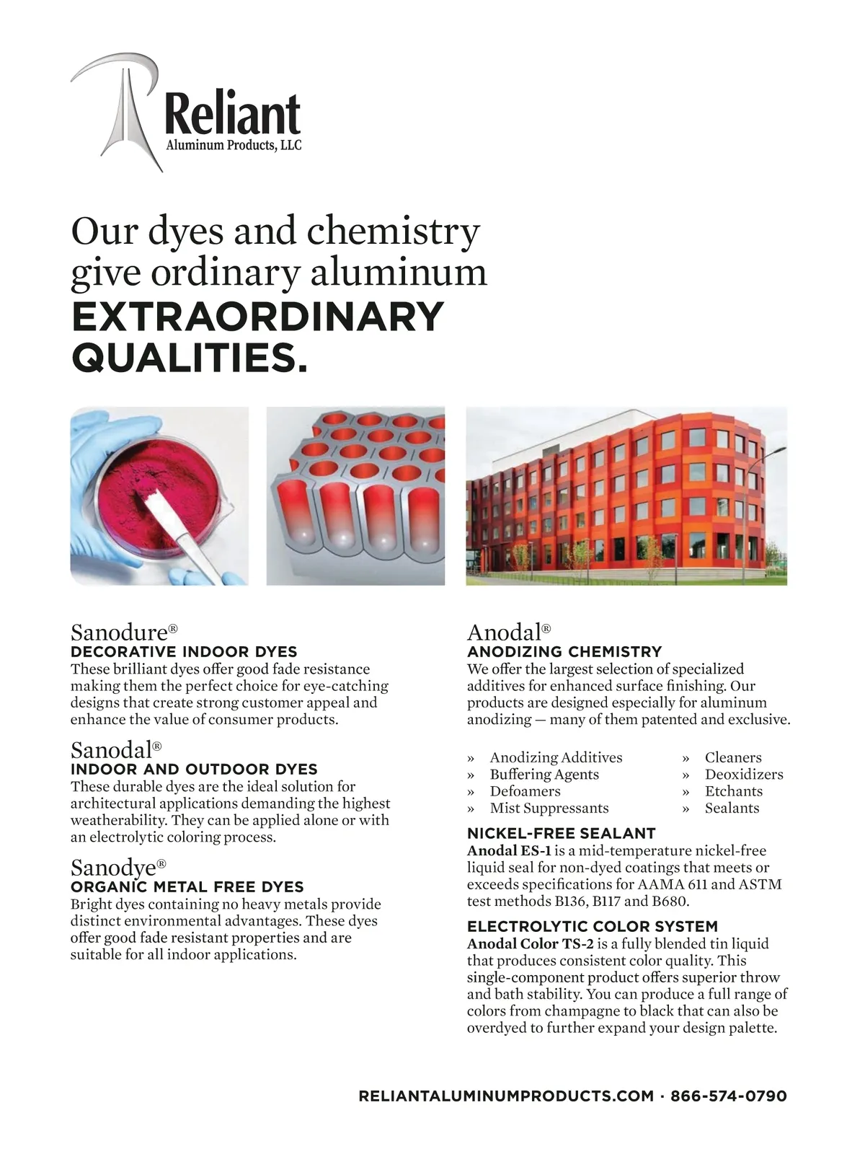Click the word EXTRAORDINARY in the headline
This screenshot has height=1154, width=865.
(257, 317)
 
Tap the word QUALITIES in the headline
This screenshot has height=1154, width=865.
(189, 358)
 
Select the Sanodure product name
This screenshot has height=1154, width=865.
(120, 633)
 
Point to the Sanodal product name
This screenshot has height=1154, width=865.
(112, 750)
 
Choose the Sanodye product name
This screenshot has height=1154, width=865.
(114, 868)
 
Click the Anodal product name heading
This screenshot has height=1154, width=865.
(505, 633)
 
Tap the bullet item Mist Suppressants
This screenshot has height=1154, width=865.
(549, 808)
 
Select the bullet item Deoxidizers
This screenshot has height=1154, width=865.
(744, 775)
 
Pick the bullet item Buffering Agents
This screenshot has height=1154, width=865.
(544, 775)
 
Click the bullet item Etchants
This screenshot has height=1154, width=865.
(734, 791)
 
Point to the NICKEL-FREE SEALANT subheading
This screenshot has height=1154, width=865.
(561, 834)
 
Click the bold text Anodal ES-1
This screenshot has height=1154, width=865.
(509, 851)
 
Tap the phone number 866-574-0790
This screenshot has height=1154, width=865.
(729, 1096)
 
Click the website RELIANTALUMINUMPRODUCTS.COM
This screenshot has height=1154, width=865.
(506, 1096)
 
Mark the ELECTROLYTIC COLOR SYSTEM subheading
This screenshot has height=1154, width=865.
(593, 927)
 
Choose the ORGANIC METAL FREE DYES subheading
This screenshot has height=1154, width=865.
(187, 887)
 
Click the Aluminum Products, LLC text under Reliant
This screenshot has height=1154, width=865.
(234, 146)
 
